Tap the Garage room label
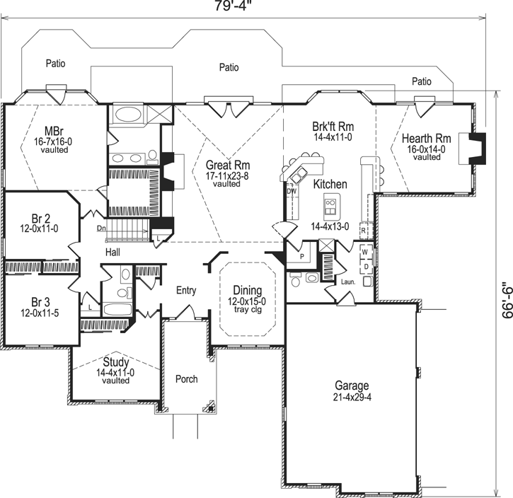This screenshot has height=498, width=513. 352,386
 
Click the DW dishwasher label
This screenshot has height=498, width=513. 291,191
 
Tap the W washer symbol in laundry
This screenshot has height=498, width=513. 365,251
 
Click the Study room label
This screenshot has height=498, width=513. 115,361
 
